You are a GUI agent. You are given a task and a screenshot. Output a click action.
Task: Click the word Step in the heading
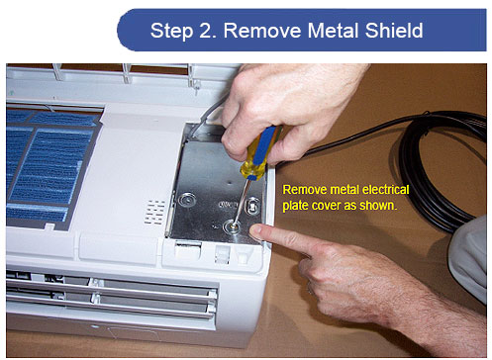click(x=171, y=32)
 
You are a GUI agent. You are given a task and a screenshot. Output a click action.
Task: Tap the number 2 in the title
click(x=207, y=31)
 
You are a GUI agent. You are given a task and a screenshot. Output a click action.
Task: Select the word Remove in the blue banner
click(x=262, y=31)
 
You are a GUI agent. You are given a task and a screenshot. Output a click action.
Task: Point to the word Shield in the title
click(x=394, y=31)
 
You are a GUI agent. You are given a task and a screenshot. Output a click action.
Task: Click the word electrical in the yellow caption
click(x=385, y=190)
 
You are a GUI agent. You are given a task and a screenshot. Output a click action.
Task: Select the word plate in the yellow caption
click(x=296, y=206)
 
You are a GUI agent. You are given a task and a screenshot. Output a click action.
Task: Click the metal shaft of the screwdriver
click(x=242, y=201)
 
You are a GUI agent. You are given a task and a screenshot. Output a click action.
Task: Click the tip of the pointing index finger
click(x=255, y=231)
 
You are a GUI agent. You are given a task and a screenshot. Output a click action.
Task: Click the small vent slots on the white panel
click(x=154, y=212)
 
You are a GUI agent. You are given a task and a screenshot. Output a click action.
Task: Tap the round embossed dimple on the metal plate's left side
click(x=187, y=200)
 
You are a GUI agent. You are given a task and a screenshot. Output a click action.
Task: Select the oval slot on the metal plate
click(x=252, y=206)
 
